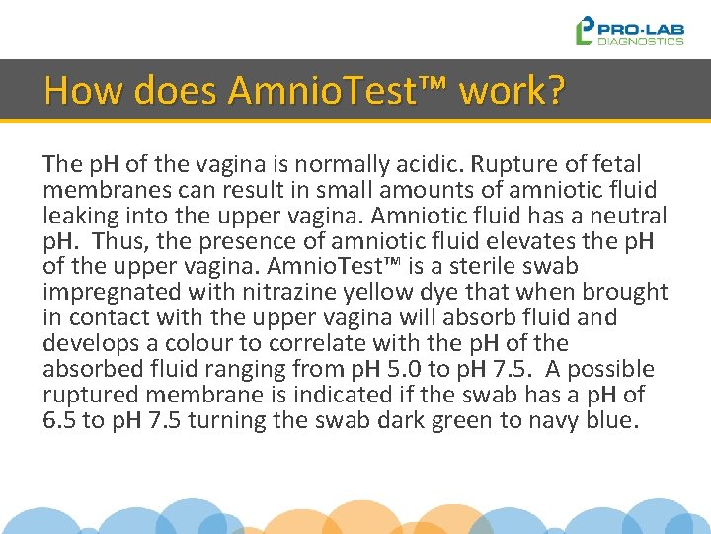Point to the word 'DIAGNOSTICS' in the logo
tap(642, 41)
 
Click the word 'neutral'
tap(629, 215)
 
